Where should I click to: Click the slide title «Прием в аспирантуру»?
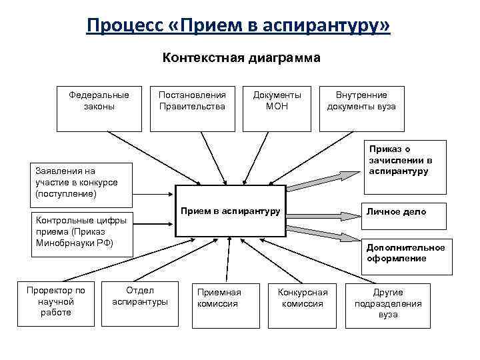pyautogui.click(x=239, y=26)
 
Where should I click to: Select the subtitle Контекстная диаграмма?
pyautogui.click(x=241, y=58)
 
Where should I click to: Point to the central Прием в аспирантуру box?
pyautogui.click(x=231, y=211)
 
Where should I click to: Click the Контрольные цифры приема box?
pyautogui.click(x=78, y=231)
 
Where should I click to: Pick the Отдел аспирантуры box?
pyautogui.click(x=140, y=301)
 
